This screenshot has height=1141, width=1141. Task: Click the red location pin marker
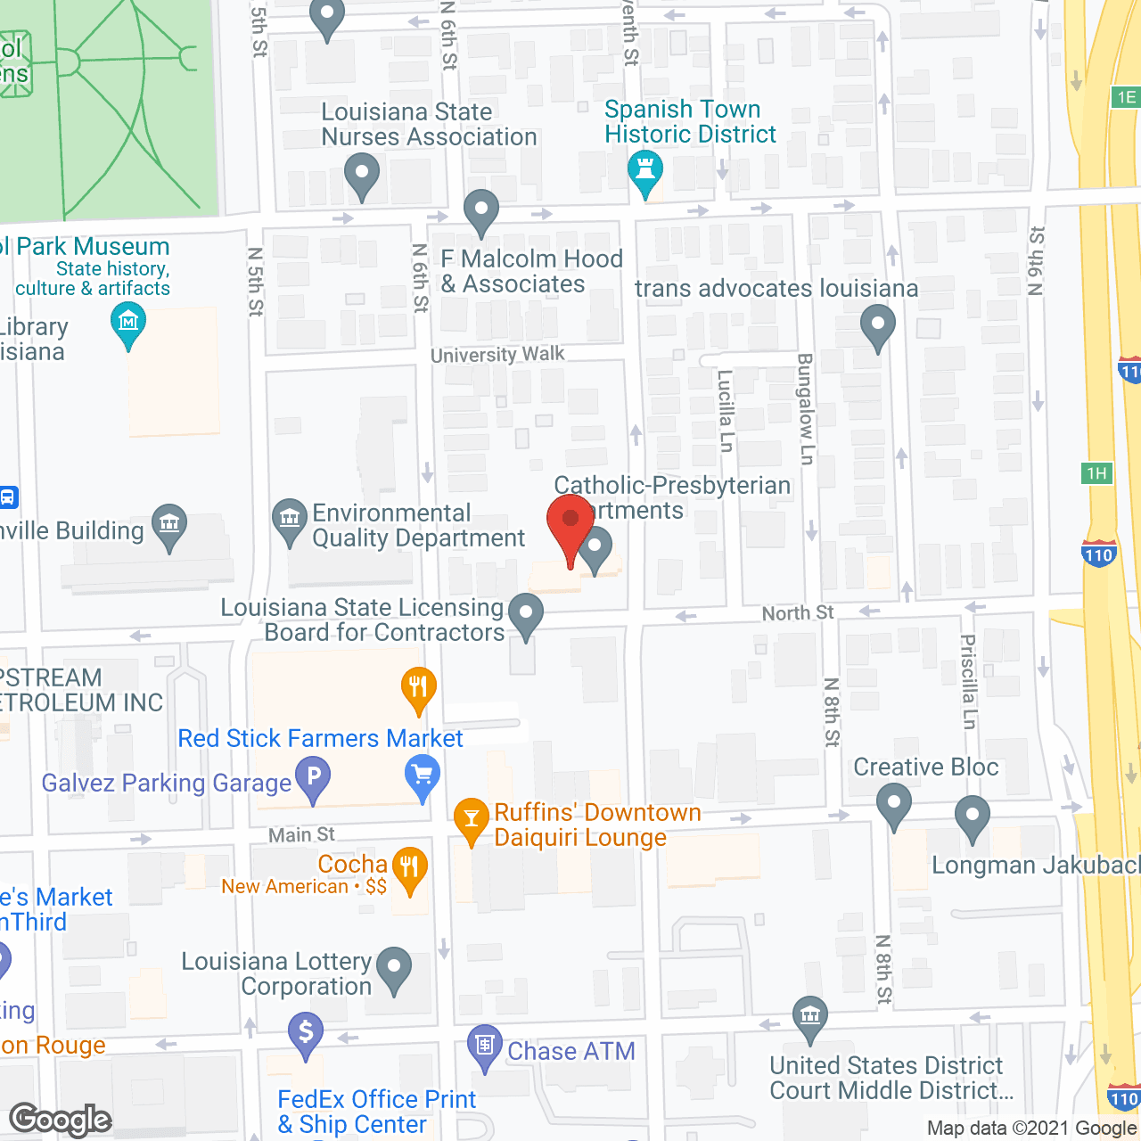point(570,521)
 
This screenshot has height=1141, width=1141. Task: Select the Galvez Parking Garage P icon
point(313,776)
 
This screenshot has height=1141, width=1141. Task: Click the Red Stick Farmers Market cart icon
point(423,775)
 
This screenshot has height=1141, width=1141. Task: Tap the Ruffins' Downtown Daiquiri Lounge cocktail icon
point(471,817)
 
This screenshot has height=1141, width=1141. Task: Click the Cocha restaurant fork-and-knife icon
point(409,866)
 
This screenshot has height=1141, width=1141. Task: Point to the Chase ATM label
point(570,1051)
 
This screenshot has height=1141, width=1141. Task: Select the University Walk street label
point(497,354)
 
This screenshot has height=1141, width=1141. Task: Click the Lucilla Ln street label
point(726,411)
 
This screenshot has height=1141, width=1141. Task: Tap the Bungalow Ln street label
point(805,409)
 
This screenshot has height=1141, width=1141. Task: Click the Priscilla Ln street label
point(968,681)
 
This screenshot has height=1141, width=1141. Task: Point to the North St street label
point(797,612)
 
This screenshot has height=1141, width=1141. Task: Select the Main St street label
point(301,834)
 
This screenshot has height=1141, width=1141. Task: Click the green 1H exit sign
point(1096,473)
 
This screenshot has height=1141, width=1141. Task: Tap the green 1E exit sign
point(1126,97)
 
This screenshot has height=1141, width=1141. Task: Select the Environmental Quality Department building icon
point(289,518)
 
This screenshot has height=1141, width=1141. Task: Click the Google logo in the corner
point(61,1120)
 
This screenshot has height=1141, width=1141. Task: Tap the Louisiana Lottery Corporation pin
point(394,966)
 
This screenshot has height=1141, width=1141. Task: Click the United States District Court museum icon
point(810,1015)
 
